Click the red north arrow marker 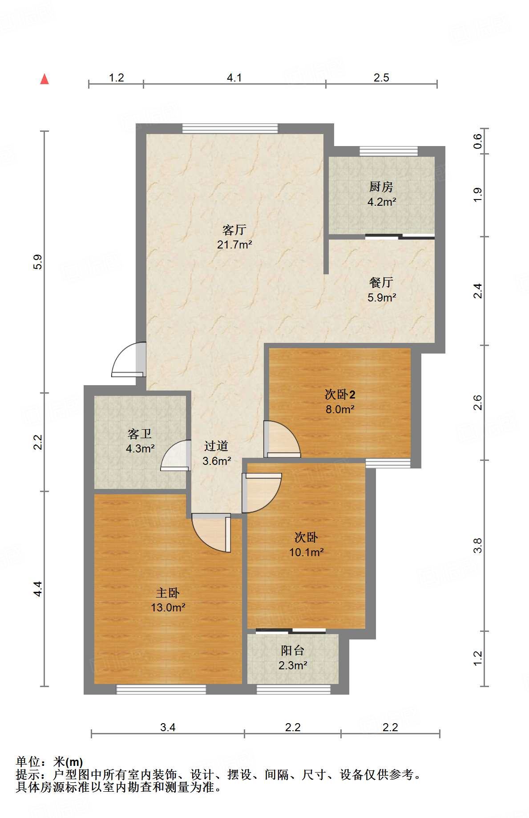(x=44, y=79)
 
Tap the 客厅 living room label (x=234, y=230)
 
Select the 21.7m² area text (x=234, y=244)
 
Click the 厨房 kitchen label (x=381, y=187)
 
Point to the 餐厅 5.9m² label (x=381, y=290)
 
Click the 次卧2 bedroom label (x=340, y=395)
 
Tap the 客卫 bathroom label (x=140, y=434)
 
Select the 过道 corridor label (x=216, y=446)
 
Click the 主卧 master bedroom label (x=168, y=593)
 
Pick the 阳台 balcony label (x=292, y=651)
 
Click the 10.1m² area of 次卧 (x=306, y=553)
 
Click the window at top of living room (x=230, y=129)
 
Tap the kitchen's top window (x=388, y=151)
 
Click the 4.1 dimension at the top (x=234, y=78)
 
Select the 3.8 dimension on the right (x=478, y=545)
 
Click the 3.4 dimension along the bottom (x=168, y=728)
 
